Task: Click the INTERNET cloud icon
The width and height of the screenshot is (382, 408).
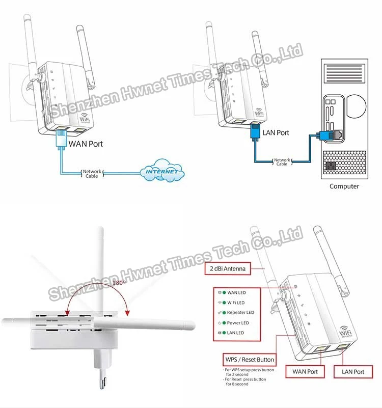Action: (162, 172)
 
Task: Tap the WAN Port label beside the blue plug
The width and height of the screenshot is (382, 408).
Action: (86, 144)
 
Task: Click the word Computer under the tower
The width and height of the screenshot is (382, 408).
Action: (344, 186)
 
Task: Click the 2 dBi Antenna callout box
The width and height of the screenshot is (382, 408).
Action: (229, 269)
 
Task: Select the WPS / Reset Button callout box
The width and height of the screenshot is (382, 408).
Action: (250, 360)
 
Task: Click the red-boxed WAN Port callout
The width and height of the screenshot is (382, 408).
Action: (305, 372)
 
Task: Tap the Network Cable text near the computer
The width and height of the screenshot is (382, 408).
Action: (282, 162)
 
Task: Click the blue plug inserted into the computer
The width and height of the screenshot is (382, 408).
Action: (324, 135)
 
